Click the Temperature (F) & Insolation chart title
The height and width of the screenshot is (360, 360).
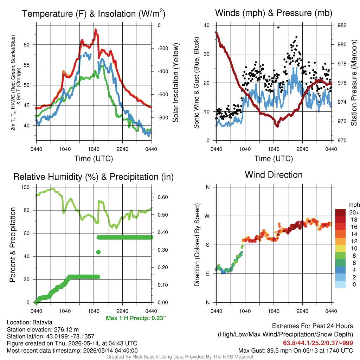pos(94,14)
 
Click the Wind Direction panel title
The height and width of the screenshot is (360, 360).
pos(274,175)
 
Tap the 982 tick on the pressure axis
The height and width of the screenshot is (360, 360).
pos(342,25)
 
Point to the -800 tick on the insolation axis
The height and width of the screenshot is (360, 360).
pos(163,117)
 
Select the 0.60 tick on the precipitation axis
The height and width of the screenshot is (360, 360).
pos(162,197)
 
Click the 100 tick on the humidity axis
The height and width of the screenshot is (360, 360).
pos(25,187)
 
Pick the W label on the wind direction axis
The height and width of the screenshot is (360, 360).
pos(207,216)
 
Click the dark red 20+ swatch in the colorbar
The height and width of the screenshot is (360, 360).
pos(340,212)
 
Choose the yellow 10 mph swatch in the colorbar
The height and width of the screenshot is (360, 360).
pos(340,249)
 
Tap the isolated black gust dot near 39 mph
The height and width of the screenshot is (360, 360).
pos(278,27)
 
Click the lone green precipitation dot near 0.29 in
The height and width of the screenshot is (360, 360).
pos(98,252)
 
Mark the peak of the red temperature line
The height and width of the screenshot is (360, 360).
pos(96,30)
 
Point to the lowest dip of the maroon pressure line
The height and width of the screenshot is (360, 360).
pos(277,126)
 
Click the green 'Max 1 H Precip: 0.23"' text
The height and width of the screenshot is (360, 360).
pos(136,318)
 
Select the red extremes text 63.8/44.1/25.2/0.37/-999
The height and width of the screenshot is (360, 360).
pos(318,343)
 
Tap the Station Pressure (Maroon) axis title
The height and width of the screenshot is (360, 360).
pos(354,83)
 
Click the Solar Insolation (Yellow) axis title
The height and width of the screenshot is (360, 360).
pos(175,83)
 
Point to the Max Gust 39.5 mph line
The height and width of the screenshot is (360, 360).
pos(295,351)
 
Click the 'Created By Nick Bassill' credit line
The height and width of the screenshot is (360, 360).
pos(180,357)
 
